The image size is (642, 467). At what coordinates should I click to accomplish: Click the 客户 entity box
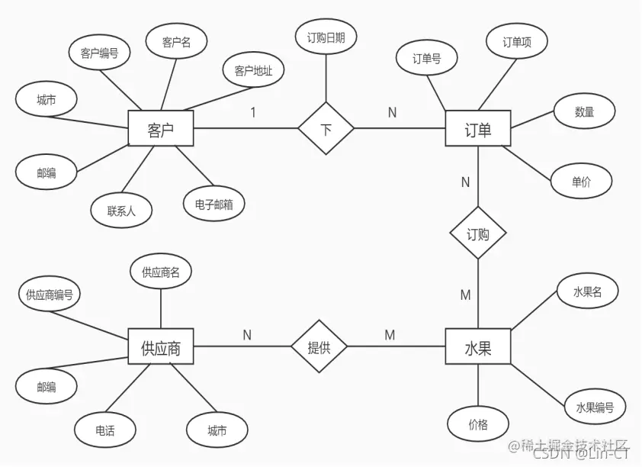[160, 129]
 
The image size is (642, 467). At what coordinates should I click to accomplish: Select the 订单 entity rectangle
[478, 129]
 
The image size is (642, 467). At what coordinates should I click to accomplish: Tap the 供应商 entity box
[160, 348]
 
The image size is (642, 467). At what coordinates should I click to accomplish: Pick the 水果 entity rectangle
[478, 348]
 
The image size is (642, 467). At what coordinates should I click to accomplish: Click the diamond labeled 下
[326, 129]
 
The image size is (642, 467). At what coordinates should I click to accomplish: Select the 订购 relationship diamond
[478, 234]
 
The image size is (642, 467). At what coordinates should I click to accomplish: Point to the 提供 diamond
[319, 348]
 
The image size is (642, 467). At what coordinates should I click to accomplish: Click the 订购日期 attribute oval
[326, 38]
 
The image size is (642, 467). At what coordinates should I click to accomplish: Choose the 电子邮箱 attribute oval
[214, 204]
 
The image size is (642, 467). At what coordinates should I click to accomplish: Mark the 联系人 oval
[121, 211]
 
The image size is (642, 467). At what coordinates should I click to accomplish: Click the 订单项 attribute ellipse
[516, 43]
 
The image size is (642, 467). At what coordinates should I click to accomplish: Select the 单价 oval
[581, 182]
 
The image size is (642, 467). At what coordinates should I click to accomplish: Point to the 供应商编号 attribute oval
[48, 295]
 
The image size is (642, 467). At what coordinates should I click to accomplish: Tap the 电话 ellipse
[105, 430]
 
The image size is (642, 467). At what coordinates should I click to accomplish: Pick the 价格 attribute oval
[478, 424]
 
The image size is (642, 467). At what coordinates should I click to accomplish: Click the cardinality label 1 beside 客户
[253, 113]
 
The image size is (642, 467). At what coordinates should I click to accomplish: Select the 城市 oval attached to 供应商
[217, 430]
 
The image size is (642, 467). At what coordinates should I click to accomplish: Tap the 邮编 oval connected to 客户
[47, 172]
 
